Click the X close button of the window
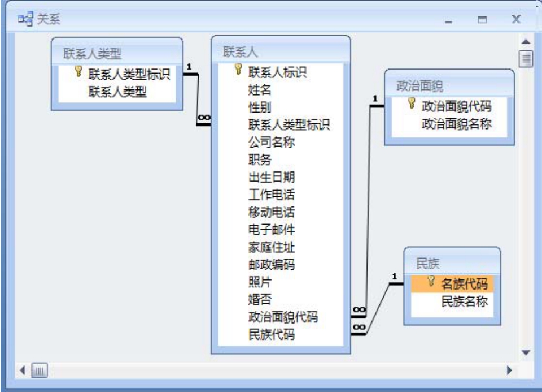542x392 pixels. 516,19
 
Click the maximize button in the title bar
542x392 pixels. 482,20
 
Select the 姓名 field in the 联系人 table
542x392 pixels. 260,90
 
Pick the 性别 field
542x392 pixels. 260,107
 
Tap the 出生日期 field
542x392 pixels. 272,177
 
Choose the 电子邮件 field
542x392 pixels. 272,230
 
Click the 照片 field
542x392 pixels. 260,282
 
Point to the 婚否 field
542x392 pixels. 260,300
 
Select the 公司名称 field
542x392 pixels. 272,143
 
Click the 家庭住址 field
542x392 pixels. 272,247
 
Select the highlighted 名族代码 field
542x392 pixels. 464,284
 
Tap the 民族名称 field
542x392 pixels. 465,301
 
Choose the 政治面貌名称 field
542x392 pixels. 457,124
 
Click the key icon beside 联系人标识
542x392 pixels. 238,69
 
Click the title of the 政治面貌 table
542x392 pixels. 420,85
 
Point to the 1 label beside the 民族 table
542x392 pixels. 395,277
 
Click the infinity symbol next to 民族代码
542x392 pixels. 359,327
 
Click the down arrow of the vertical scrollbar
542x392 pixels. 526,352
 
